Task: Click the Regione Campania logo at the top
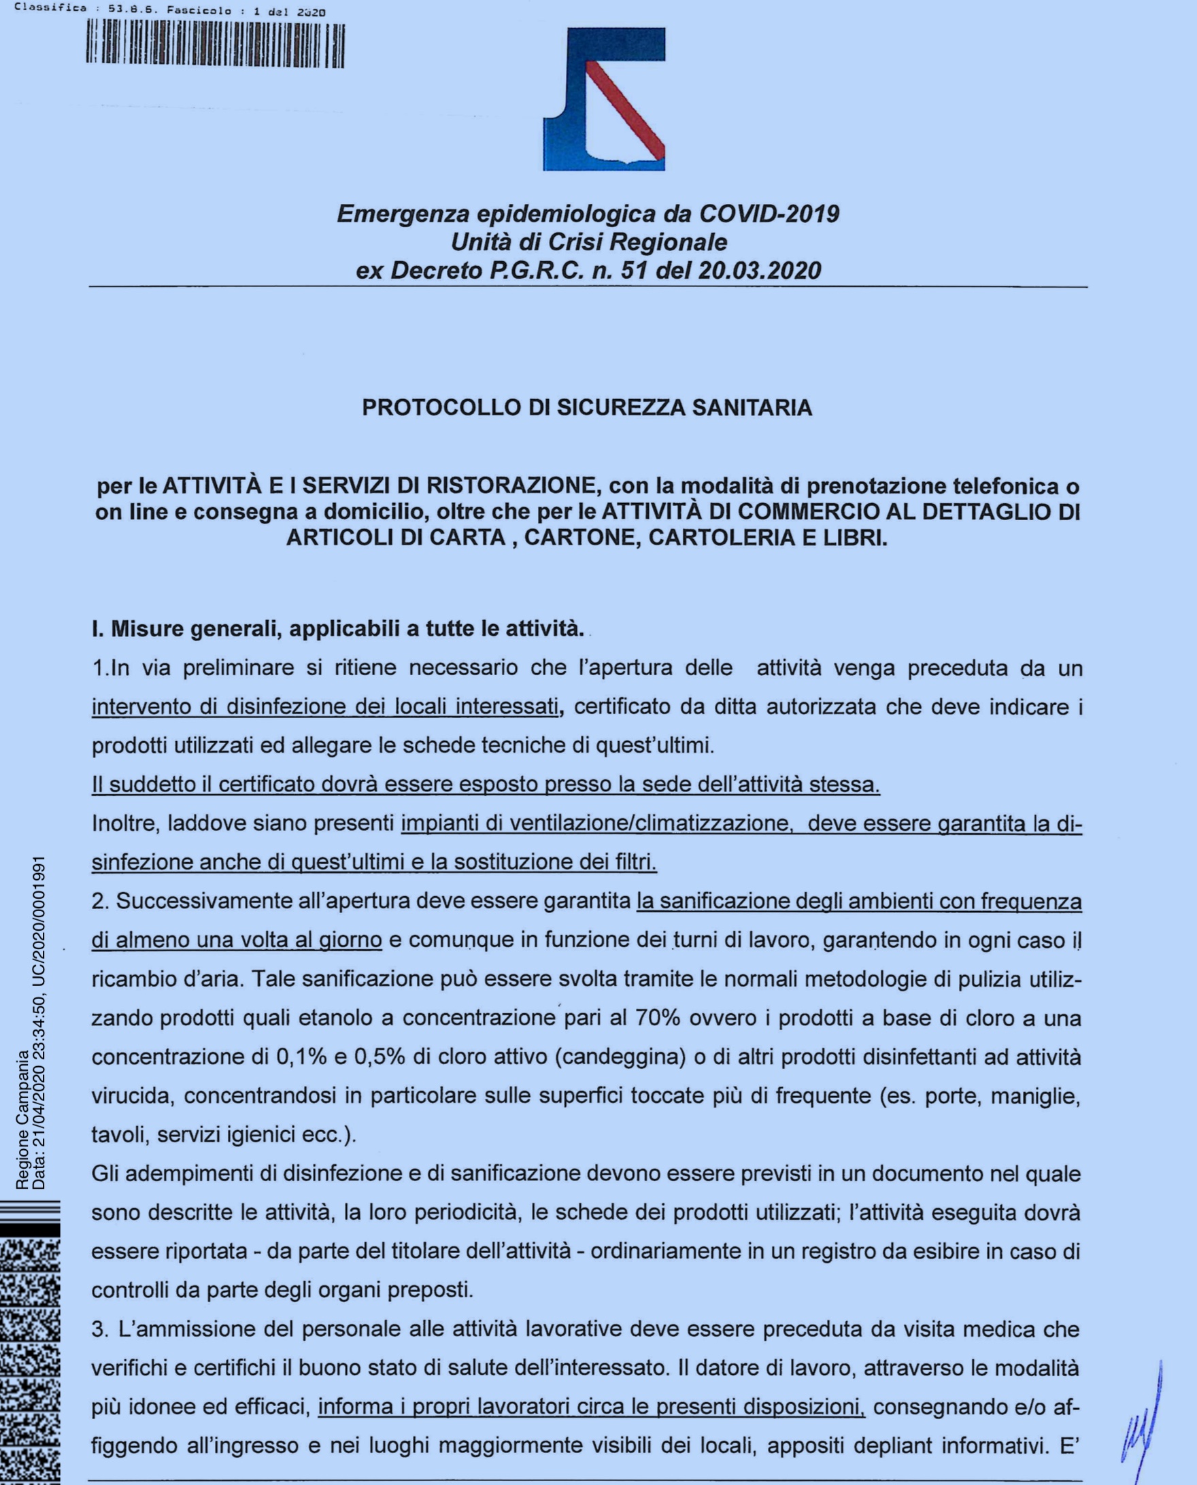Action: pyautogui.click(x=604, y=99)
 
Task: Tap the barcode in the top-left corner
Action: pyautogui.click(x=215, y=46)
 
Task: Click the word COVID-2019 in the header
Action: pyautogui.click(x=769, y=214)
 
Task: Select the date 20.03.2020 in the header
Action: pyautogui.click(x=759, y=270)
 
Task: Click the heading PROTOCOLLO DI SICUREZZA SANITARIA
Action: pyautogui.click(x=588, y=407)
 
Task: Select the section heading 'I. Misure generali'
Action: pyautogui.click(x=338, y=629)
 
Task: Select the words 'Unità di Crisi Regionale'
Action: pyautogui.click(x=589, y=242)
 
